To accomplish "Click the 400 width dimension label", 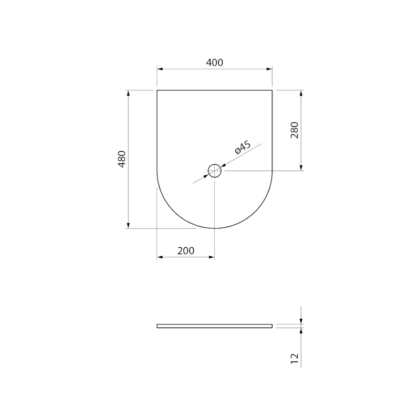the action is (x=214, y=62).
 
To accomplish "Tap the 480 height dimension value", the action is (x=122, y=159).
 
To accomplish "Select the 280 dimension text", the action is (x=295, y=130).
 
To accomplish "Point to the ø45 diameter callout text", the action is (x=243, y=148).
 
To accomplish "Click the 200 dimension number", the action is (x=186, y=251).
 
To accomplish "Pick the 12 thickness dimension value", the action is (x=295, y=359).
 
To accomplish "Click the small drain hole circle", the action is (x=215, y=164).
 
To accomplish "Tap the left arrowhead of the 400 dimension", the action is (x=160, y=69).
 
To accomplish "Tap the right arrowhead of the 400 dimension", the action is (x=269, y=69).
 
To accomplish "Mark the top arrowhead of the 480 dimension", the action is (x=128, y=93).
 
